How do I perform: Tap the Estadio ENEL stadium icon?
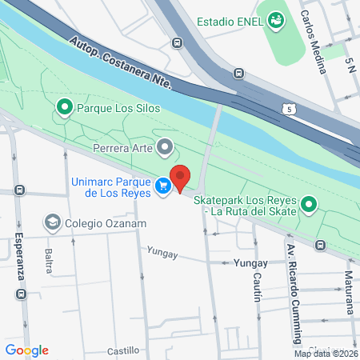(x=277, y=20)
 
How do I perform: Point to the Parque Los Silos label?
(x=120, y=106)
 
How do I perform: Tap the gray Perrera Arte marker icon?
(x=166, y=146)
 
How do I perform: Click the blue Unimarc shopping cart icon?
(x=163, y=186)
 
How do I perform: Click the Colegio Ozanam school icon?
(x=53, y=222)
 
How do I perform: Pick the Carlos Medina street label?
(x=315, y=41)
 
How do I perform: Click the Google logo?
(x=27, y=350)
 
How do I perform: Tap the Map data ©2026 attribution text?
(x=324, y=354)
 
